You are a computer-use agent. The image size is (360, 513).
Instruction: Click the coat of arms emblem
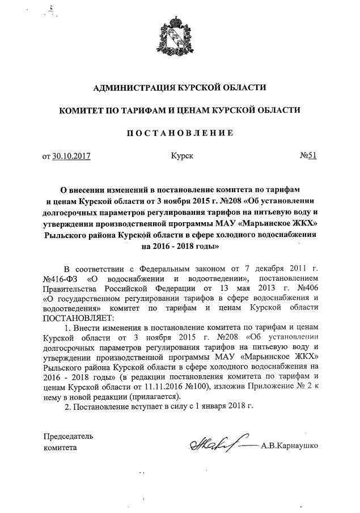click(180, 38)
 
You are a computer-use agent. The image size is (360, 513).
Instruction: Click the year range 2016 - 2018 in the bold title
click(163, 247)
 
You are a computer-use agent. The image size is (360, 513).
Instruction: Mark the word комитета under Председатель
click(60, 447)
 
